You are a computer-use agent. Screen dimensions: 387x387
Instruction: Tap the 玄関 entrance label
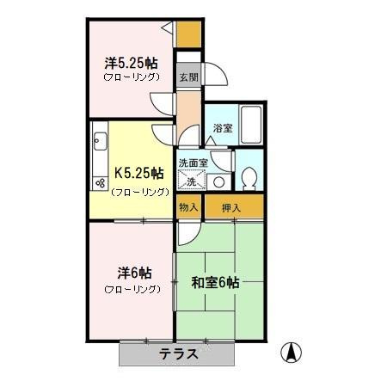click(188, 77)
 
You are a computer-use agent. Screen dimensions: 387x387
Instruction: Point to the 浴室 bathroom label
click(222, 129)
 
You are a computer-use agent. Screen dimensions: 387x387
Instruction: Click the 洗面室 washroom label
click(193, 163)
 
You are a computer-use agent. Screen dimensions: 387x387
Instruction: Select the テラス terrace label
click(179, 353)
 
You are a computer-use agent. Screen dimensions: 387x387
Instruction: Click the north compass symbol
click(292, 353)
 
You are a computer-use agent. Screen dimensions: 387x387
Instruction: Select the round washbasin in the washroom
click(218, 181)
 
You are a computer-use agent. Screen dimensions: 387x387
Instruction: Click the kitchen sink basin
click(99, 140)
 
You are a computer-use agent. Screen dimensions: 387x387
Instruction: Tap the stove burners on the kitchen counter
click(99, 183)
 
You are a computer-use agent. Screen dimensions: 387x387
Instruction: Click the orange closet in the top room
click(188, 34)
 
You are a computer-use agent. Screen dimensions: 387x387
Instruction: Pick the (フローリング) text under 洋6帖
click(132, 289)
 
